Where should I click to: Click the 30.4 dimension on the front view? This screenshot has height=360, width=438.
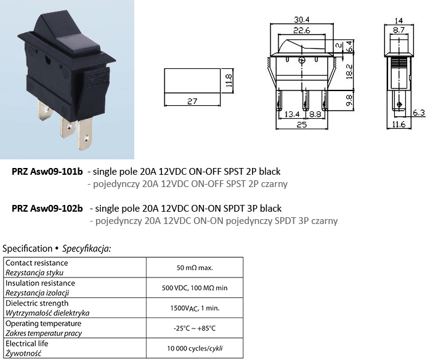click(x=301, y=18)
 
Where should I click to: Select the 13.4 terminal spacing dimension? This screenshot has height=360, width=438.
click(x=293, y=114)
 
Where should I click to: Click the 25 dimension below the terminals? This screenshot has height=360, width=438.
click(x=301, y=125)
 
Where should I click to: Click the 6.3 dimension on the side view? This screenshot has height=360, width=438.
click(x=418, y=113)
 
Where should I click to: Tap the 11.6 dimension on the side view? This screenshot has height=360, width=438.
click(x=398, y=125)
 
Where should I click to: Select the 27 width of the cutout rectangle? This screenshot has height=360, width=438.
click(x=192, y=102)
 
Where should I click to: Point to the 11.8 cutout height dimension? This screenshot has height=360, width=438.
click(x=228, y=81)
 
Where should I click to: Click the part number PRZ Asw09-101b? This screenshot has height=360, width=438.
click(x=47, y=172)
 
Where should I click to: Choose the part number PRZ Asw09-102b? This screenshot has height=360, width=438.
click(x=47, y=209)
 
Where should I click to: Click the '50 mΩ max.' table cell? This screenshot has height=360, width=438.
click(x=195, y=268)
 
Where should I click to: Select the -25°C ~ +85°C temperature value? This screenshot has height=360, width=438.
click(x=195, y=328)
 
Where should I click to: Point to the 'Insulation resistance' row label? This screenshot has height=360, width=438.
click(x=40, y=283)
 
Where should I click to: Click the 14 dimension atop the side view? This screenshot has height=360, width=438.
click(x=398, y=18)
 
